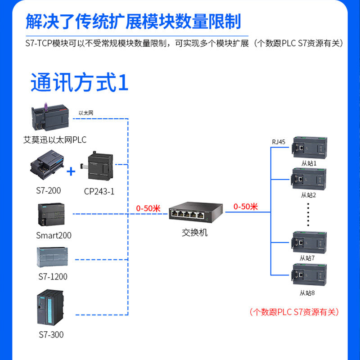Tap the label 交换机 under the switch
pos(195,233)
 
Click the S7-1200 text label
pos(53,277)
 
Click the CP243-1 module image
pos(100,167)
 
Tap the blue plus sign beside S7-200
pos(71,171)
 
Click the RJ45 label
pos(279,142)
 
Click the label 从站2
pos(308,195)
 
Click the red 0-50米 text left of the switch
pos(148,208)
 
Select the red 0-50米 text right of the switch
pos(245,207)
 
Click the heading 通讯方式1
pos(80,83)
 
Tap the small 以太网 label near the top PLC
pos(86,113)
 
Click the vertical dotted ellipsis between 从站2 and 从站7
pos(309,214)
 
